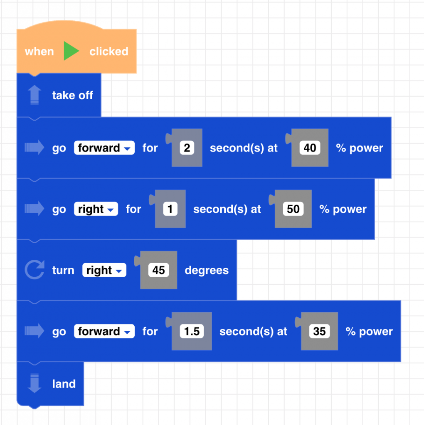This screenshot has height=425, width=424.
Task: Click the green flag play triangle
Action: [x=71, y=51]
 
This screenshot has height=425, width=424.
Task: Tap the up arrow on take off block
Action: [x=34, y=95]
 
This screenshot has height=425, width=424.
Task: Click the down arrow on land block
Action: [x=34, y=383]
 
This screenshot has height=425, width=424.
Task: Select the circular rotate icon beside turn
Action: [x=34, y=270]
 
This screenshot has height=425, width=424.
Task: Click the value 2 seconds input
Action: [x=187, y=148]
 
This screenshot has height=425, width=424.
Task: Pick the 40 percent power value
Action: [x=310, y=148]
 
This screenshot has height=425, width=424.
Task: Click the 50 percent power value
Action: [x=293, y=209]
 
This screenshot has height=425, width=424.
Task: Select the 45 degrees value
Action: [x=158, y=270]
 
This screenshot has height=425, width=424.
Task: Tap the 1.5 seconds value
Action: [x=192, y=331]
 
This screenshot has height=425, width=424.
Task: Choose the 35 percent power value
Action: [x=319, y=331]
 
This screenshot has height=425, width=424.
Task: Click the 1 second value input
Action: [x=170, y=209]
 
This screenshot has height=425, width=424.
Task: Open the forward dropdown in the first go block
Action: [x=104, y=148]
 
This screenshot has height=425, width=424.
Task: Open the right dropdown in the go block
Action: [x=96, y=209]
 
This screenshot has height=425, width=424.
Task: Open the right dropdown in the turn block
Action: [x=104, y=270]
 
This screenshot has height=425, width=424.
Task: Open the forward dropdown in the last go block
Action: [x=104, y=331]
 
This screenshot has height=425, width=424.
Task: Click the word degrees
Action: [x=207, y=270]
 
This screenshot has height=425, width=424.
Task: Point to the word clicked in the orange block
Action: [x=108, y=51]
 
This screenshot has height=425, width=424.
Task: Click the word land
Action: [x=64, y=384]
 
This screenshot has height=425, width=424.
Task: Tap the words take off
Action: [x=72, y=95]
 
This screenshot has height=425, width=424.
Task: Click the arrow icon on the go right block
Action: [x=34, y=209]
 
